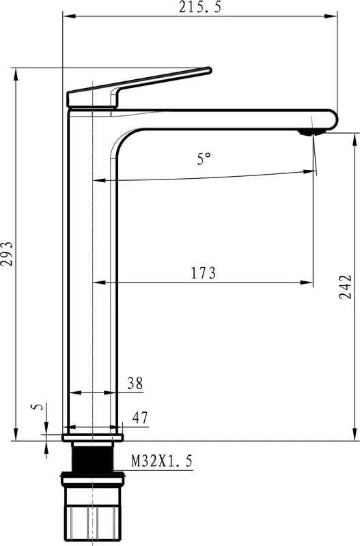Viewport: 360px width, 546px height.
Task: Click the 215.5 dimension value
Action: click(200, 7)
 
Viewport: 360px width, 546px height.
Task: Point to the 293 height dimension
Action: click(7, 253)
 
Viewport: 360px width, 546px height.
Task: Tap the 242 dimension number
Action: click(345, 287)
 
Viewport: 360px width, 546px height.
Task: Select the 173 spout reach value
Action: click(203, 273)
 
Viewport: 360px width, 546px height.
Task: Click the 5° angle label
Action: click(204, 159)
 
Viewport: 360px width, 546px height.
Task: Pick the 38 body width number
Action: click(135, 384)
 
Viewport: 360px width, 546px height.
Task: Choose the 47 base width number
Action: click(140, 418)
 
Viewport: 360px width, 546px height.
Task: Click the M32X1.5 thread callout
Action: click(161, 461)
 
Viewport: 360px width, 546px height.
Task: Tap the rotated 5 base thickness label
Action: click(38, 407)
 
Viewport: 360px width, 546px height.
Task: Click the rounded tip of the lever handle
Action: click(209, 70)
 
